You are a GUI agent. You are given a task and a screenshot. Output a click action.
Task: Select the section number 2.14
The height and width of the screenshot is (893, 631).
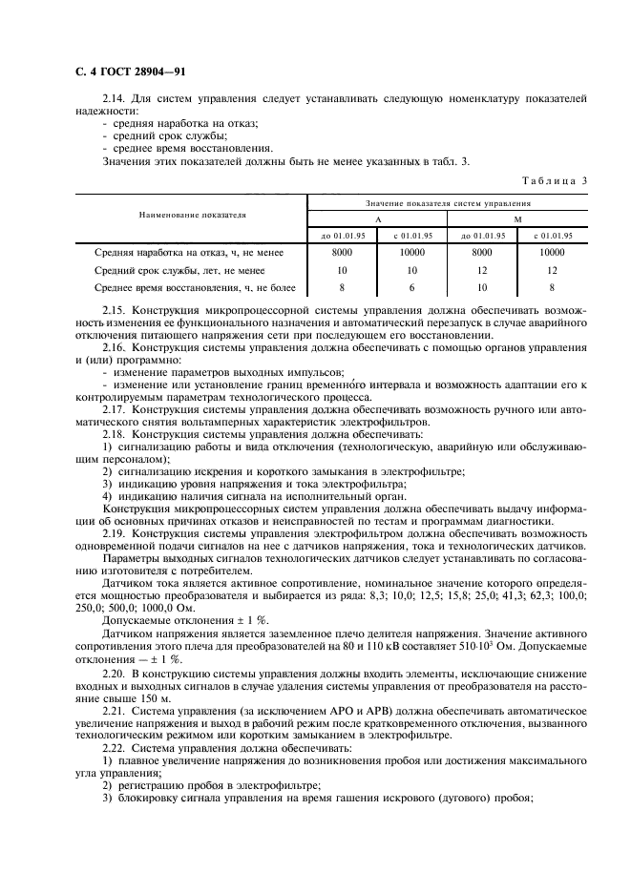[x=116, y=99]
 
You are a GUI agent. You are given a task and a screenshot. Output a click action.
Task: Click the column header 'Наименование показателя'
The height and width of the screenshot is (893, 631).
[x=192, y=216]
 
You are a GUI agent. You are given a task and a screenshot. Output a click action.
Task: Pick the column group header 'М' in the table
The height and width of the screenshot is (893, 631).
[x=517, y=218]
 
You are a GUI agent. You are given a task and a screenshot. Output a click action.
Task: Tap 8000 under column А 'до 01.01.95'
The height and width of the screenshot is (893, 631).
[x=342, y=253]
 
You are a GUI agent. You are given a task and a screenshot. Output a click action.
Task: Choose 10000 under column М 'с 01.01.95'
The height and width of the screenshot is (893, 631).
[x=552, y=253]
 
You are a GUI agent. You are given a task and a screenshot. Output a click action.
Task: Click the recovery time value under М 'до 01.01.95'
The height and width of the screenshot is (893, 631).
[x=482, y=287]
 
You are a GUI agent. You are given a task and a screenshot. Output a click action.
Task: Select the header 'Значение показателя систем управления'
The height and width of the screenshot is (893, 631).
[x=448, y=203]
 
